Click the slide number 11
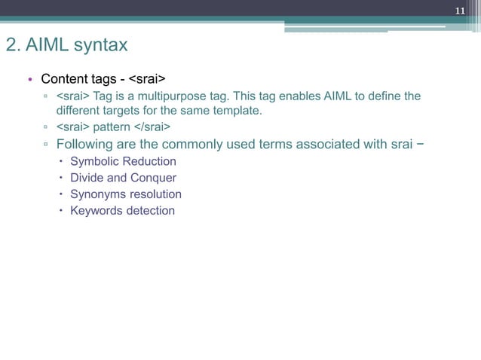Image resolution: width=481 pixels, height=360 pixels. [x=459, y=11]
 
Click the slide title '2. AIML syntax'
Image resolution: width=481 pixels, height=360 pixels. [x=66, y=45]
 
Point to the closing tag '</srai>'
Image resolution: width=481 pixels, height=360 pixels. [x=152, y=126]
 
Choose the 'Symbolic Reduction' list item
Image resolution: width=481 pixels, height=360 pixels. [x=123, y=161]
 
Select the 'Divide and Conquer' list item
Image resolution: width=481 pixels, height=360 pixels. [x=123, y=178]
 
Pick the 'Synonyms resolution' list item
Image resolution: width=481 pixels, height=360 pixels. [x=125, y=194]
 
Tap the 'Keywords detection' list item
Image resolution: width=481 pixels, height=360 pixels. [x=122, y=210]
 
